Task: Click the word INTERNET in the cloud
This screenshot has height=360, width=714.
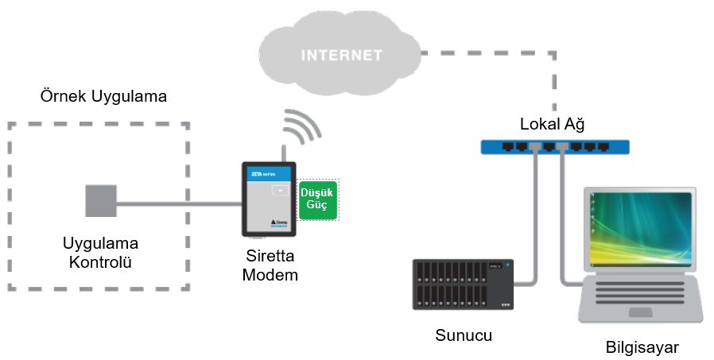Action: tap(340, 56)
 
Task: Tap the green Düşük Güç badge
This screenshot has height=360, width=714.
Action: tap(318, 199)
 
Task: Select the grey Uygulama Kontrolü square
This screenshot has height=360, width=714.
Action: tap(101, 200)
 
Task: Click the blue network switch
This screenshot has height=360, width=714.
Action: tap(555, 146)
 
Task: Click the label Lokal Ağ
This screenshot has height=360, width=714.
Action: tap(555, 123)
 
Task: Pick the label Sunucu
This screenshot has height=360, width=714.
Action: tap(464, 335)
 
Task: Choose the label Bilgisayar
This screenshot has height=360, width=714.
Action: tap(642, 347)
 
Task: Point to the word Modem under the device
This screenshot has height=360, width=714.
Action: tap(270, 275)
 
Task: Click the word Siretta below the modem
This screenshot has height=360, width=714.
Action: tap(270, 257)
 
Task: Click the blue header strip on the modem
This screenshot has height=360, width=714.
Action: tap(269, 171)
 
